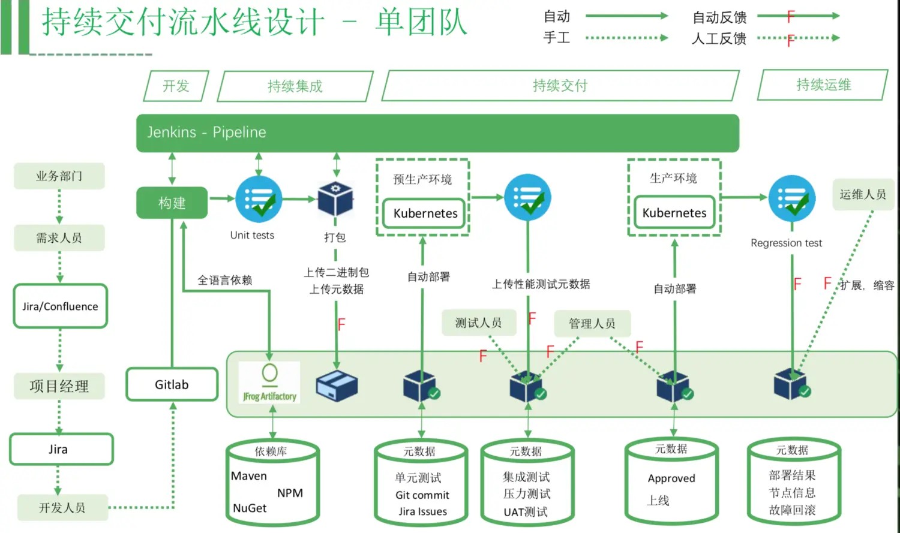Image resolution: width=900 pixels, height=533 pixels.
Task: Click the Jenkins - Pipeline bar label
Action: pos(206,133)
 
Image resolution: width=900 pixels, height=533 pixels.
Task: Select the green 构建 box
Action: pos(172,203)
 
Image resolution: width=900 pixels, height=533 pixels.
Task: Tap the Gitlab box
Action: pos(172,385)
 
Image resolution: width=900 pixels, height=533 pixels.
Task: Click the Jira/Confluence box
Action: pos(60,306)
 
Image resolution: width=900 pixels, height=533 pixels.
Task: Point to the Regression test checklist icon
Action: pos(791,199)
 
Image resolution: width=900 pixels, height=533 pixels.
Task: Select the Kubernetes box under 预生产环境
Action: pos(425,213)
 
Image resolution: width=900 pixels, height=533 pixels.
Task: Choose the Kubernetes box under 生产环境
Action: pos(674,213)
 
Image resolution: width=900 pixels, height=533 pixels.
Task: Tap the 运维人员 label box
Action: pos(862,194)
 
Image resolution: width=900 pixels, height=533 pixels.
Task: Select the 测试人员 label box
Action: pos(478,323)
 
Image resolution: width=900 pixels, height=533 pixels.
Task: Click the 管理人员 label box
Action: pos(592,324)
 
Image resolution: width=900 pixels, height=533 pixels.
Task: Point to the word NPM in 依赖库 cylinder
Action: pos(290,493)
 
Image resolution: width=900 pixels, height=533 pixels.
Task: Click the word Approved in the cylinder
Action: pos(671,478)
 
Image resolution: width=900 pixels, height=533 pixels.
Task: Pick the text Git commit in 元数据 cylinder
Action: pos(422,495)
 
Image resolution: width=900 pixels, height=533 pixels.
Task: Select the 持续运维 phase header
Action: pos(823,85)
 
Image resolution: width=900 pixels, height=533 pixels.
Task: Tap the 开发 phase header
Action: pos(176,86)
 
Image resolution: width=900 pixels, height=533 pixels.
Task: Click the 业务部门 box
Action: pos(59,176)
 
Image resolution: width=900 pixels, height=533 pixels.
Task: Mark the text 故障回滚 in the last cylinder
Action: pos(792,510)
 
